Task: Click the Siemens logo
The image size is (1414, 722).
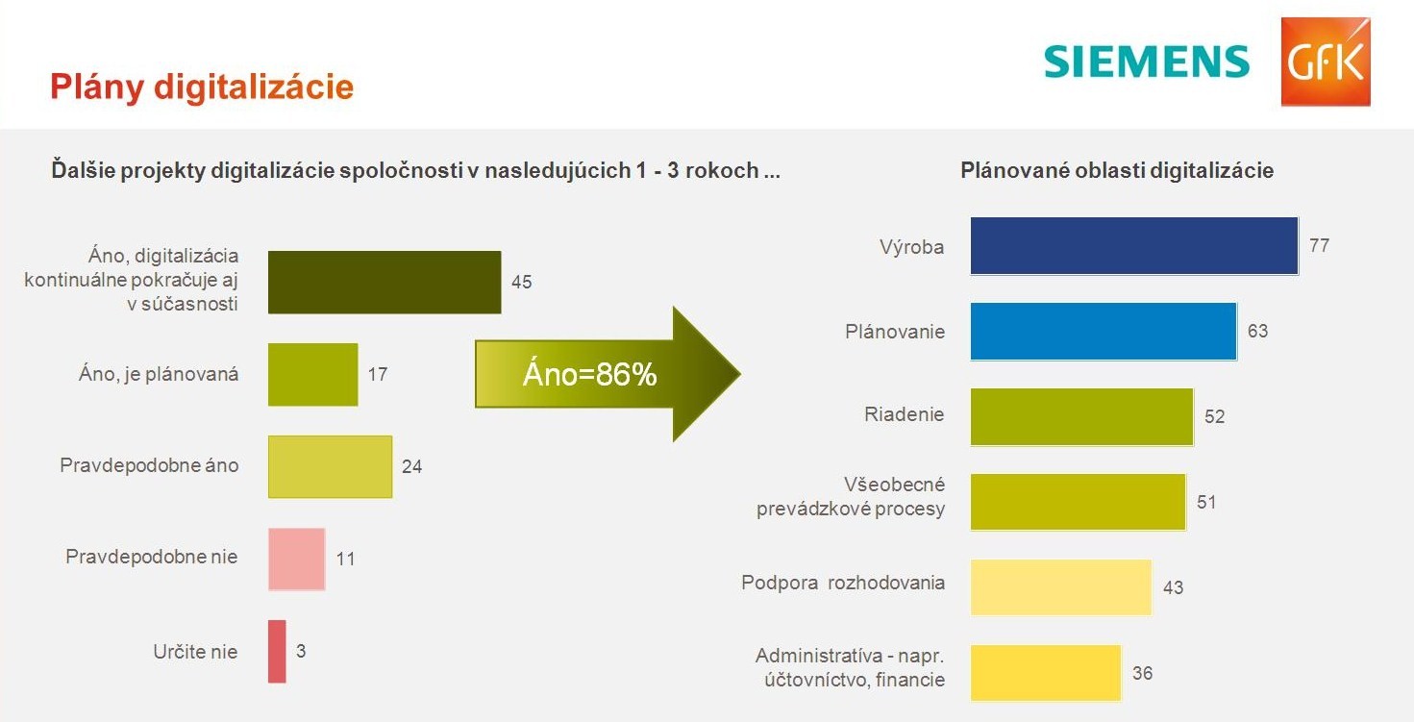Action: [x=1147, y=62]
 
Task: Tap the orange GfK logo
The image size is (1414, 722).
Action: [x=1326, y=62]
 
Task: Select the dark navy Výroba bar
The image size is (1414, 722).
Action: [x=1134, y=245]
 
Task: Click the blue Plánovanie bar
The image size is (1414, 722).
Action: [x=1104, y=332]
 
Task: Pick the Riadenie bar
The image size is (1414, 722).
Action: [x=1082, y=416]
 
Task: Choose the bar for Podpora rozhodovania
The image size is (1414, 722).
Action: [x=1061, y=587]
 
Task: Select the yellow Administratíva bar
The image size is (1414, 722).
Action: [x=1046, y=673]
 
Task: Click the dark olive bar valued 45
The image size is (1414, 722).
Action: [x=385, y=282]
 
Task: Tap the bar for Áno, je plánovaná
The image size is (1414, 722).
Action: [x=313, y=374]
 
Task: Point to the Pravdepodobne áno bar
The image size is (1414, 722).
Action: [x=330, y=466]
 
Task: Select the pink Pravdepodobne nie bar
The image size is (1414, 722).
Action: [x=297, y=560]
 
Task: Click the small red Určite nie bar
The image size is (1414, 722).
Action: [x=277, y=651]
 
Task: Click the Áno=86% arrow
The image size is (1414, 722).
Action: [x=608, y=374]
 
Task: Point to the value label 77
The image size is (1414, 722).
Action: [x=1319, y=245]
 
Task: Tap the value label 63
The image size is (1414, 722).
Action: [x=1257, y=332]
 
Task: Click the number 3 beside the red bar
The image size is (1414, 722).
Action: [x=301, y=651]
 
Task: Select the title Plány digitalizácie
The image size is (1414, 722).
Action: [x=202, y=87]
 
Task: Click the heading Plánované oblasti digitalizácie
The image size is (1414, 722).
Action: [x=1117, y=170]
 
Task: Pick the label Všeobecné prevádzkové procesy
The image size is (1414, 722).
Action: [x=851, y=497]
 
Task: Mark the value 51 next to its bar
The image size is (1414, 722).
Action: [x=1206, y=503]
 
